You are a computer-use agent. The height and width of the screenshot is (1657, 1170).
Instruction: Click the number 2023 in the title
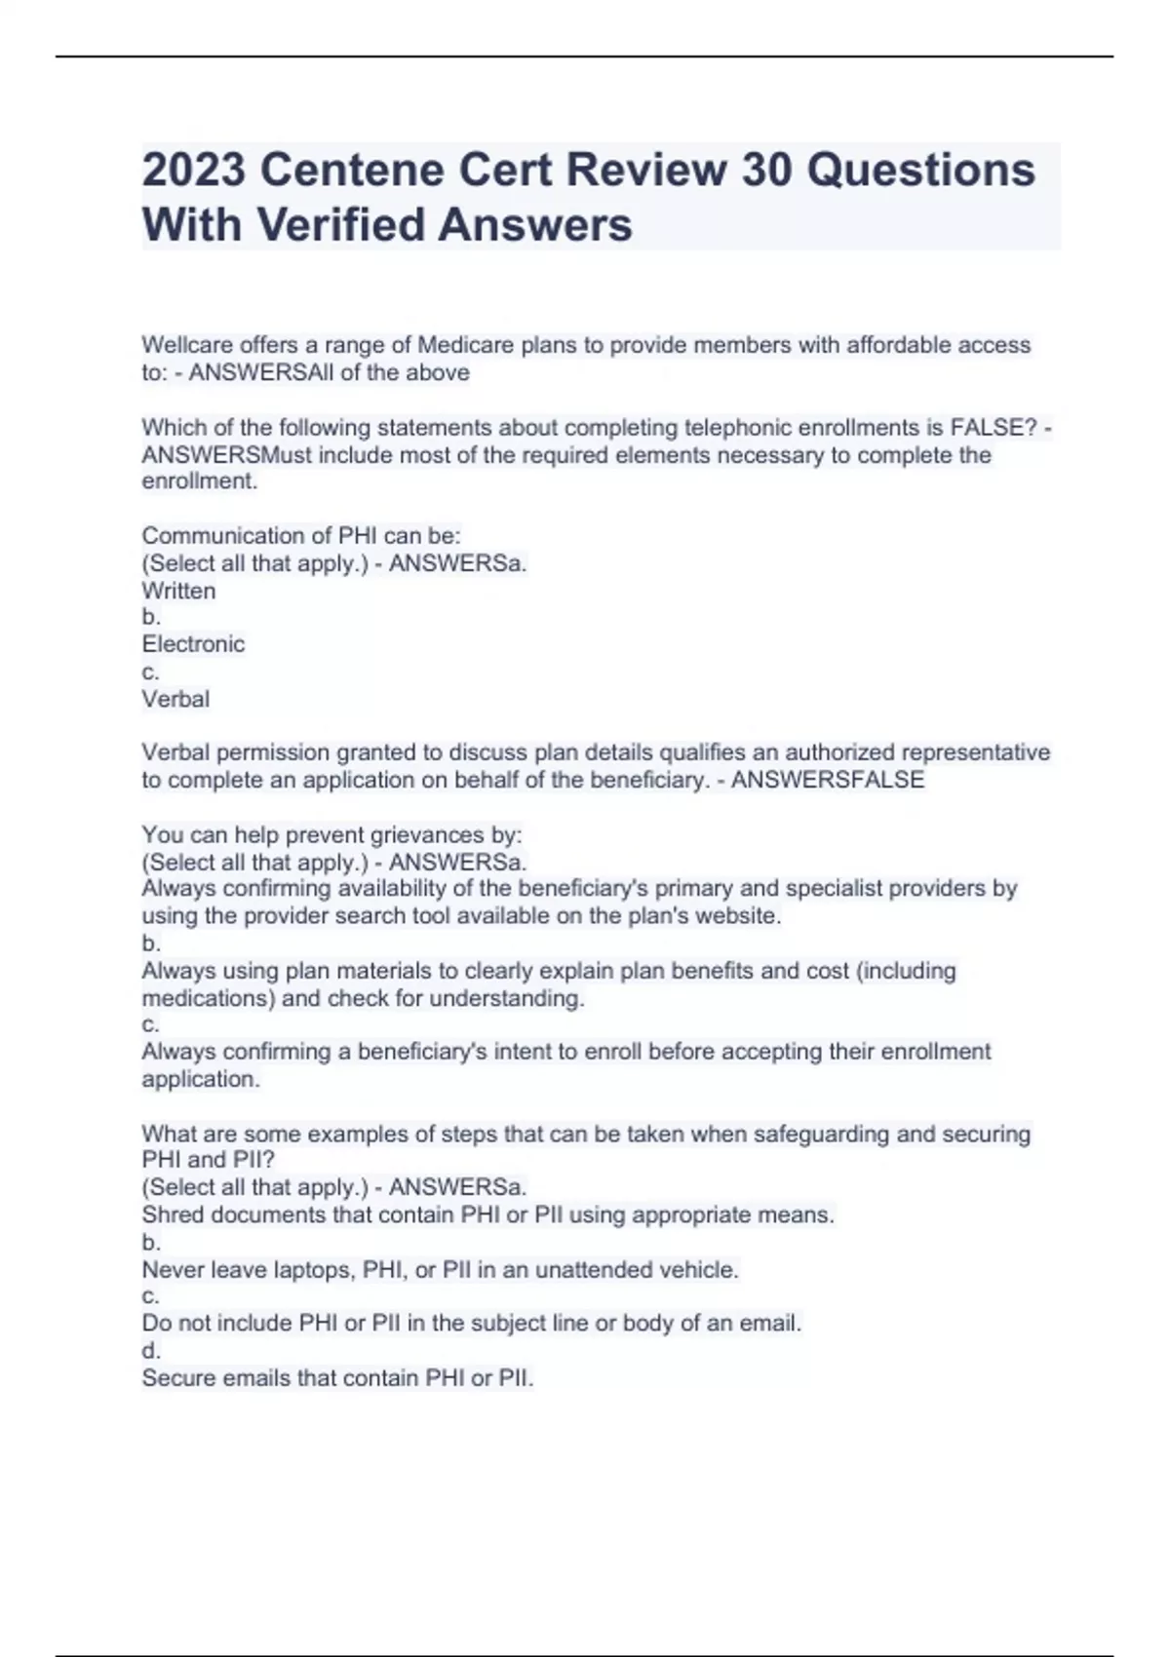pyautogui.click(x=194, y=171)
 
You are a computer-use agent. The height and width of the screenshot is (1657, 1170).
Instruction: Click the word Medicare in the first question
pyautogui.click(x=465, y=345)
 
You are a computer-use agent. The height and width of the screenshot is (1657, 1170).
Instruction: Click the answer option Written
pyautogui.click(x=178, y=591)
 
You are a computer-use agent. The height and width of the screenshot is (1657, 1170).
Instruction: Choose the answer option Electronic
pyautogui.click(x=193, y=644)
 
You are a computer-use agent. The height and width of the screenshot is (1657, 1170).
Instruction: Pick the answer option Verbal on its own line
pyautogui.click(x=175, y=699)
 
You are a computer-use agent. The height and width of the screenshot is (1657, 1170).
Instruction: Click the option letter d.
pyautogui.click(x=150, y=1351)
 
